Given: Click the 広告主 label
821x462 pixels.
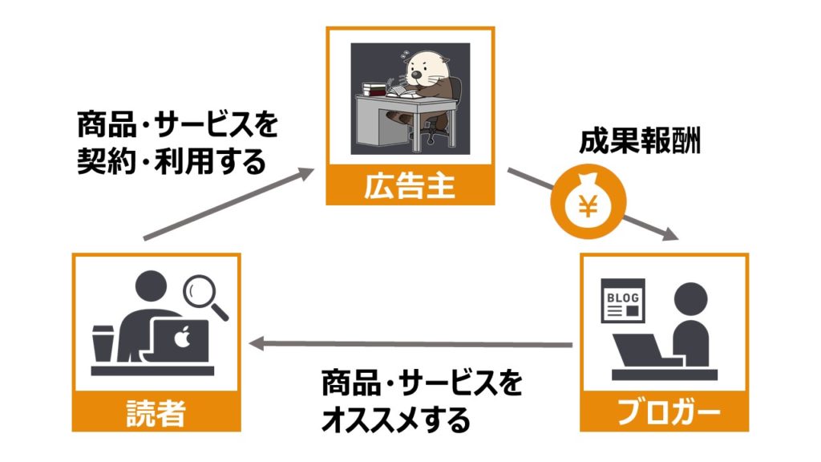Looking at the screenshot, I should (x=410, y=187).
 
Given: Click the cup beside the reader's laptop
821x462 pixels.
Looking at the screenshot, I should (x=103, y=345).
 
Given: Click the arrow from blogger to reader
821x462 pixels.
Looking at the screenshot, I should (x=409, y=345).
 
